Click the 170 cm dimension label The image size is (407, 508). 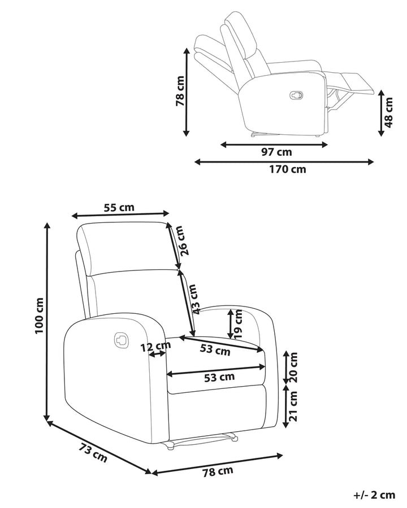point(288,169)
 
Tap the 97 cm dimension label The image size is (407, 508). point(276,152)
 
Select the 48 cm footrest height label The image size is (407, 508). point(388,112)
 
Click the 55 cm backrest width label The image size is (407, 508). point(119,207)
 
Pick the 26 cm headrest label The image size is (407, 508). point(185,240)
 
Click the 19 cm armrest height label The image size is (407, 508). point(239,324)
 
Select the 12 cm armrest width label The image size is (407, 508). point(155,347)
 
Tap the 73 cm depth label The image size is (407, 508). point(93,453)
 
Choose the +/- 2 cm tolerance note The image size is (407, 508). point(374,495)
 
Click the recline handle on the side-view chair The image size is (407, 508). point(296,95)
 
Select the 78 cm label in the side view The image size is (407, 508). point(180,91)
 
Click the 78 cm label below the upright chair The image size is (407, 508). point(218,472)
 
